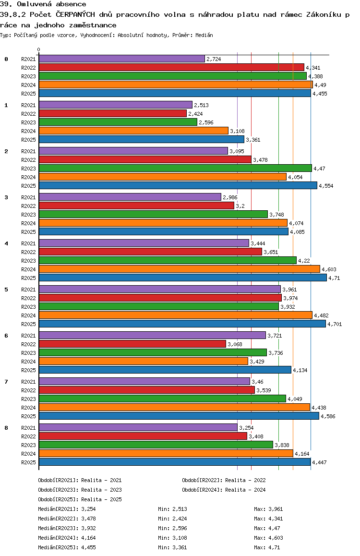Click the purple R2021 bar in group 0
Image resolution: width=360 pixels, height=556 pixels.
pyautogui.click(x=121, y=59)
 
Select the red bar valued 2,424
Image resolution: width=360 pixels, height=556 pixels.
pyautogui.click(x=112, y=113)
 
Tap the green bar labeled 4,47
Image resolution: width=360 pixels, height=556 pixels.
pyautogui.click(x=175, y=168)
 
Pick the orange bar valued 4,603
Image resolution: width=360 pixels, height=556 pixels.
pyautogui.click(x=179, y=269)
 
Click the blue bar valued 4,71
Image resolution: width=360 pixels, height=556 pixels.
pyautogui.click(x=182, y=278)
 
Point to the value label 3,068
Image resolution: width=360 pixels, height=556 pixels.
pyautogui.click(x=235, y=344)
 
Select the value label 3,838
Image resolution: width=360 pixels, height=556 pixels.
pyautogui.click(x=282, y=445)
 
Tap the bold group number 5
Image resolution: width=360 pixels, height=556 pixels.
pyautogui.click(x=6, y=290)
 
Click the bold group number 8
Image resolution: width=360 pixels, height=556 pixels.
pyautogui.click(x=6, y=428)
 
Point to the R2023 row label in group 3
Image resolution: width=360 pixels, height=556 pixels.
pyautogui.click(x=28, y=215)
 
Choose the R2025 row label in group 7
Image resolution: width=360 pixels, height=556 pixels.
pyautogui.click(x=28, y=416)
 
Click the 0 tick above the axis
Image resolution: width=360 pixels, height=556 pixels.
pyautogui.click(x=39, y=50)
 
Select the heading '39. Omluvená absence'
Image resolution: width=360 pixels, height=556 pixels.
pyautogui.click(x=43, y=4)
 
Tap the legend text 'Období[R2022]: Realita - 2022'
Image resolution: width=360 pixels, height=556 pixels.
pyautogui.click(x=224, y=480)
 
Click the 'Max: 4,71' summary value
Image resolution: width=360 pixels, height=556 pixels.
pyautogui.click(x=267, y=547)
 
